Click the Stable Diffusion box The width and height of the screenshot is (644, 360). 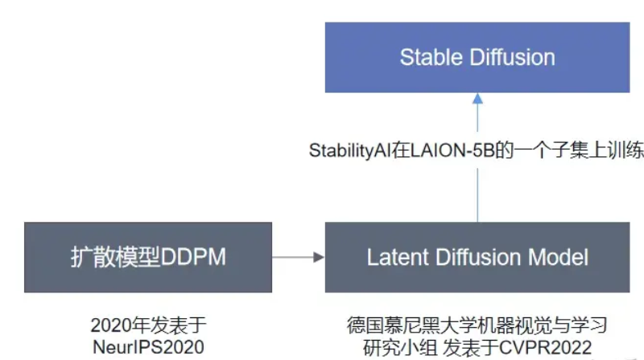pos(477,57)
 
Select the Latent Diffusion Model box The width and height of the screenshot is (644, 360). pos(477,258)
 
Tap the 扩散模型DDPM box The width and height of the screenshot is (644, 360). pos(148,258)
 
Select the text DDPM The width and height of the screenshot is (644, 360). pos(199,259)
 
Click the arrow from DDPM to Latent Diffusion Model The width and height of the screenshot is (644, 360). pos(298,258)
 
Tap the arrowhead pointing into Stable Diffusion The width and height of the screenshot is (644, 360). pos(477,98)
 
